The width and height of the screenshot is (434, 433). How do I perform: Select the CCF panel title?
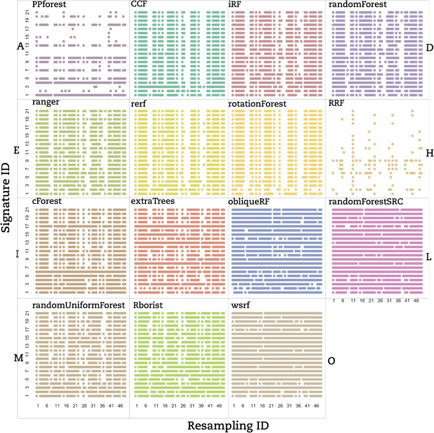[139, 4]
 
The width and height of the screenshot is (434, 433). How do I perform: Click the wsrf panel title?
[239, 305]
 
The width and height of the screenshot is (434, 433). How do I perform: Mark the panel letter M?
[18, 358]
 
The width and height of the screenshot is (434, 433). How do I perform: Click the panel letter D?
[429, 48]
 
